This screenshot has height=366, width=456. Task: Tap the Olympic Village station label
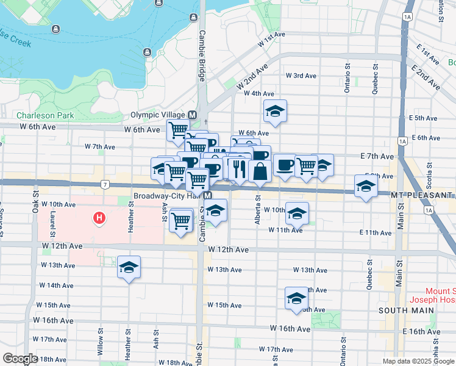(x=159, y=115)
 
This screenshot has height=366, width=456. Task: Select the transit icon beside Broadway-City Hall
(x=208, y=196)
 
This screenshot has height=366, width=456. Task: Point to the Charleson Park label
(x=45, y=115)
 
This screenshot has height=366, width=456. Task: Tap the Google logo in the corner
(x=20, y=359)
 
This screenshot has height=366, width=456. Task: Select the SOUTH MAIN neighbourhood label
(x=407, y=310)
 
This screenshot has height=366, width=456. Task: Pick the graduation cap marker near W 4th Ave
(x=275, y=111)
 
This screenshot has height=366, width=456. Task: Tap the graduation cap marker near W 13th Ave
(x=129, y=267)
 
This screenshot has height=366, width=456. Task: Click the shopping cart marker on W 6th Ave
(x=178, y=129)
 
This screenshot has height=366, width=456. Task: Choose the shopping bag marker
(x=260, y=171)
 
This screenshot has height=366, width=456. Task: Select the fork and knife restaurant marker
(x=239, y=168)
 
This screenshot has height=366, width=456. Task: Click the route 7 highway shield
(x=105, y=184)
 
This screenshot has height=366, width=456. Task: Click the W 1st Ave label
(x=272, y=39)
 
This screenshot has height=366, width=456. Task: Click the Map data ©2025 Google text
(x=418, y=361)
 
